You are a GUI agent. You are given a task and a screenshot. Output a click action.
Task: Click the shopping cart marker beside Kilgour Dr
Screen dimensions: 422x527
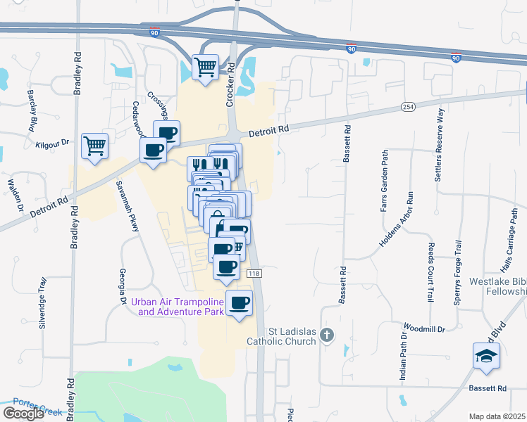point(94,146)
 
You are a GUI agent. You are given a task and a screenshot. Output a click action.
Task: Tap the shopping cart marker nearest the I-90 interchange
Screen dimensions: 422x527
point(205,68)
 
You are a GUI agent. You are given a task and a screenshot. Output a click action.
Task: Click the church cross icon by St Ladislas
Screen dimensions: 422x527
point(326,335)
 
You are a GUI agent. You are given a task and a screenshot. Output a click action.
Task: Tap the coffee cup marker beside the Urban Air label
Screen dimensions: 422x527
point(239,302)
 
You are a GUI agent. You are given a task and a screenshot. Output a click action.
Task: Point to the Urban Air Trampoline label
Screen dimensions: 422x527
point(177,307)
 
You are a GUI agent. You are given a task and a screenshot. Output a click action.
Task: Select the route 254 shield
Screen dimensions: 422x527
point(408,106)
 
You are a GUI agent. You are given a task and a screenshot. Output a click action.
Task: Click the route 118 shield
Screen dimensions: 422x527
point(255,274)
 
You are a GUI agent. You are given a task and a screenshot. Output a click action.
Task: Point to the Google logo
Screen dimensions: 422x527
point(23,414)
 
